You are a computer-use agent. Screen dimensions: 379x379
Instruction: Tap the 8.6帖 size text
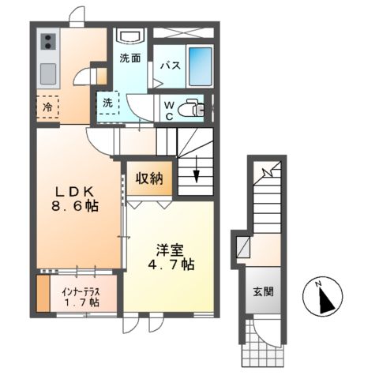point(76,206)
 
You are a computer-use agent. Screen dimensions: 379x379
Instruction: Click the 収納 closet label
point(148,178)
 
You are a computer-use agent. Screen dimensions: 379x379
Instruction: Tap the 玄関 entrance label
point(263,291)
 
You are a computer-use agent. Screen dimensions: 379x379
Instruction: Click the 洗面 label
point(130,58)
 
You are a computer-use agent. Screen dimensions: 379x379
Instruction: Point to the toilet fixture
point(190,107)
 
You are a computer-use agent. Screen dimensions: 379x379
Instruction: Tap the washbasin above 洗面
point(129,36)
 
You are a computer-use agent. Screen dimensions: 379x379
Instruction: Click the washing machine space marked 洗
point(108,102)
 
